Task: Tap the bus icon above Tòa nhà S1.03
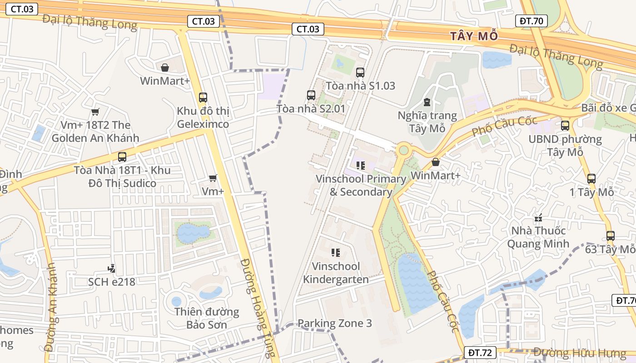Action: (360, 72)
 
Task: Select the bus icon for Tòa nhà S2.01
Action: (311, 95)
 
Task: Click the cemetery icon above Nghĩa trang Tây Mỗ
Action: (427, 102)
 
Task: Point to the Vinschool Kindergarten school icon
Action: (336, 253)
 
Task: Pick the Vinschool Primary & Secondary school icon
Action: (361, 166)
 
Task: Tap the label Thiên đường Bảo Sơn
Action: (207, 318)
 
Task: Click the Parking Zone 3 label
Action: (334, 324)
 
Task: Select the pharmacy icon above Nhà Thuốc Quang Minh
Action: (538, 218)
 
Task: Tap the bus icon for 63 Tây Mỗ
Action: (610, 236)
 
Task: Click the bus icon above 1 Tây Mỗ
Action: (591, 179)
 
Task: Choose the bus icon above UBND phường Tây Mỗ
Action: (565, 126)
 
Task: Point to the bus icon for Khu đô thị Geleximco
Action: (203, 97)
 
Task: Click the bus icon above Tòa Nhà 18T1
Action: (122, 157)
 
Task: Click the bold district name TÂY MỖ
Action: (474, 36)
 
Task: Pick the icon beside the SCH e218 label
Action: (111, 269)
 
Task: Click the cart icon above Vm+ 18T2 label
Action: (95, 112)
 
